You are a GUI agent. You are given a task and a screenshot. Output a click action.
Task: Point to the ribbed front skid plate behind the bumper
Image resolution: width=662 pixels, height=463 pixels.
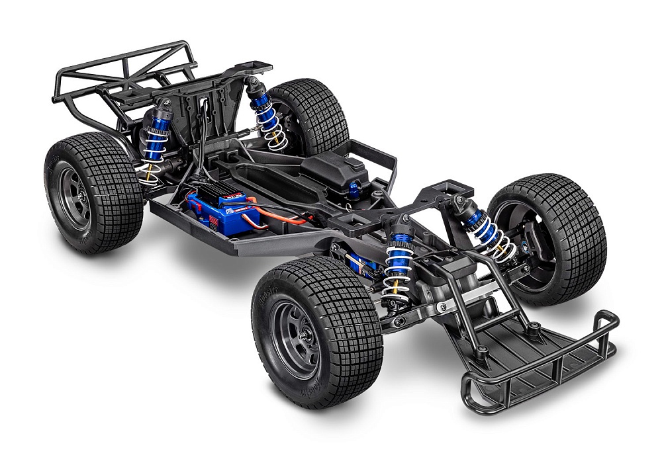click(x=523, y=344)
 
